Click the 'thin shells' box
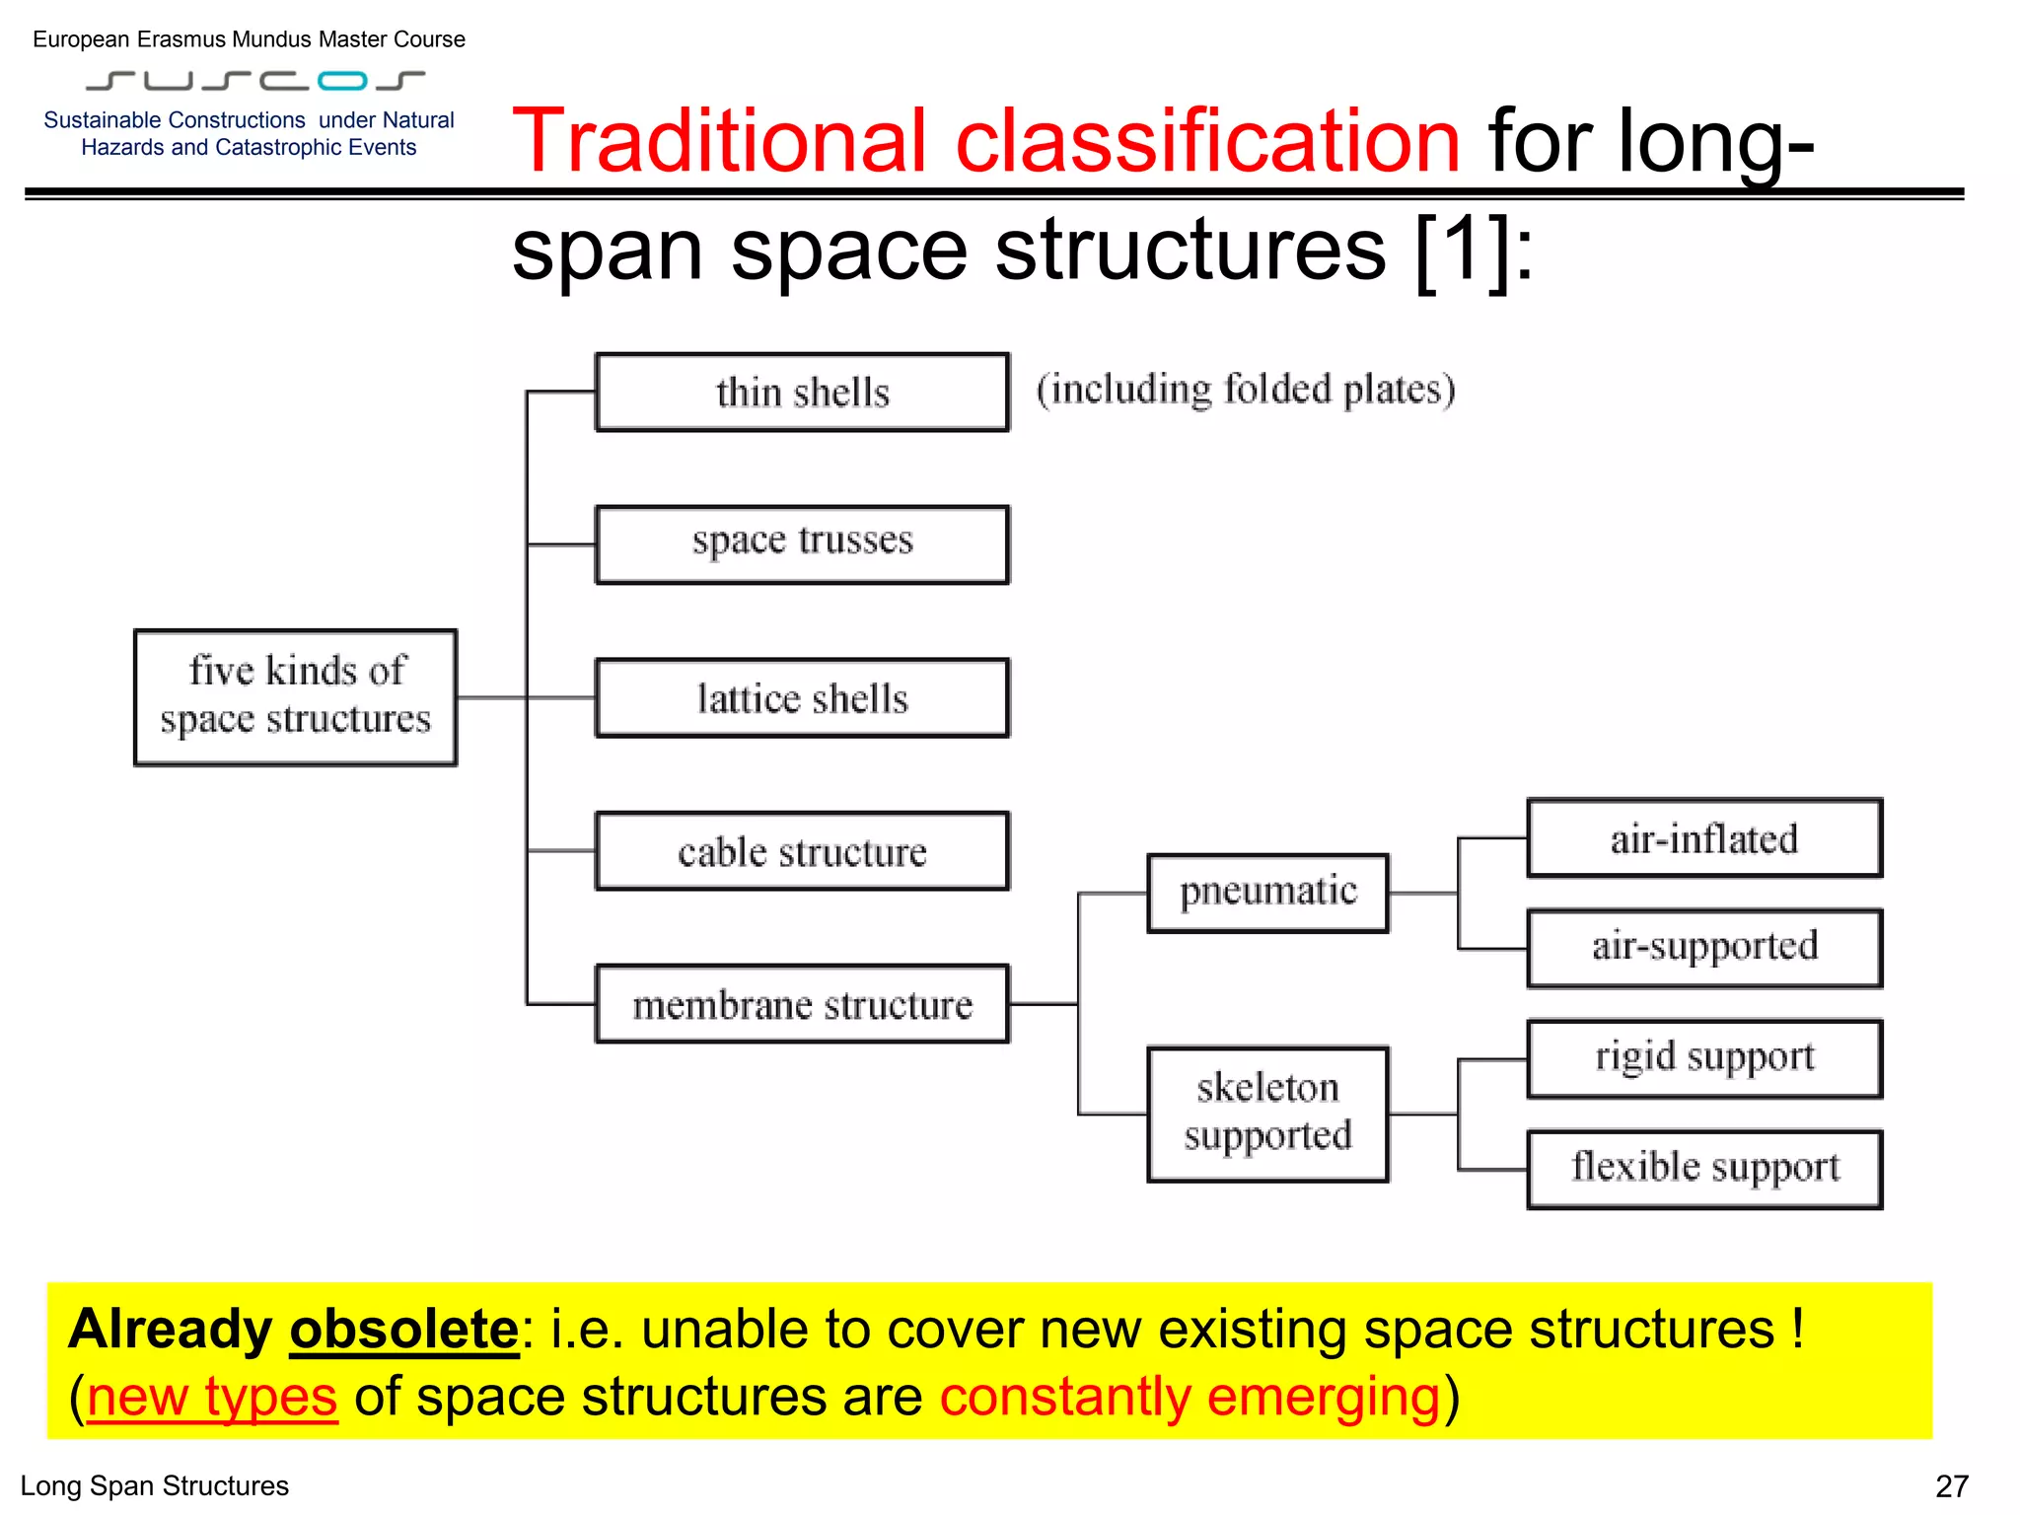click(x=802, y=393)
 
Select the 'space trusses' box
click(x=802, y=544)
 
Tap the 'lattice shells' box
click(x=802, y=698)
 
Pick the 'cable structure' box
click(x=802, y=851)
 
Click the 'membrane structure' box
click(x=802, y=1004)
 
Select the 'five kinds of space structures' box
click(x=295, y=697)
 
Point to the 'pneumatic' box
click(x=1267, y=893)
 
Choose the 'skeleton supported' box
click(x=1267, y=1114)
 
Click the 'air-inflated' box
click(x=1703, y=838)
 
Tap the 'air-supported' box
click(x=1703, y=948)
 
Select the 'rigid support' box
click(x=1703, y=1058)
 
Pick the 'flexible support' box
click(x=1703, y=1169)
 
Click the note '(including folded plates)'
click(x=1246, y=390)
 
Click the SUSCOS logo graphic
click(x=254, y=80)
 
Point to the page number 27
click(x=1951, y=1485)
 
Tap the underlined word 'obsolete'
click(x=403, y=1330)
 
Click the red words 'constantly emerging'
click(x=1190, y=1397)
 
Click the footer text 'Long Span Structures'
click(x=155, y=1485)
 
